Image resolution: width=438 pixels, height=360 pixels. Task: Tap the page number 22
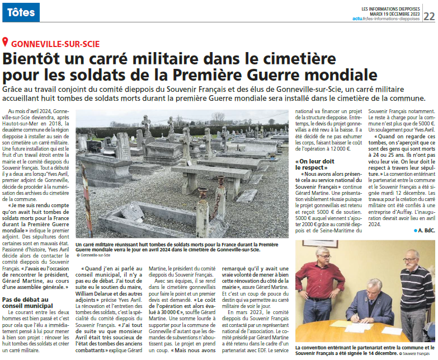click(x=428, y=16)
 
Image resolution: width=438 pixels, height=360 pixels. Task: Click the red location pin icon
click(x=6, y=43)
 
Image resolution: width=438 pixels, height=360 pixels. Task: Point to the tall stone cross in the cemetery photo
click(x=147, y=125)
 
